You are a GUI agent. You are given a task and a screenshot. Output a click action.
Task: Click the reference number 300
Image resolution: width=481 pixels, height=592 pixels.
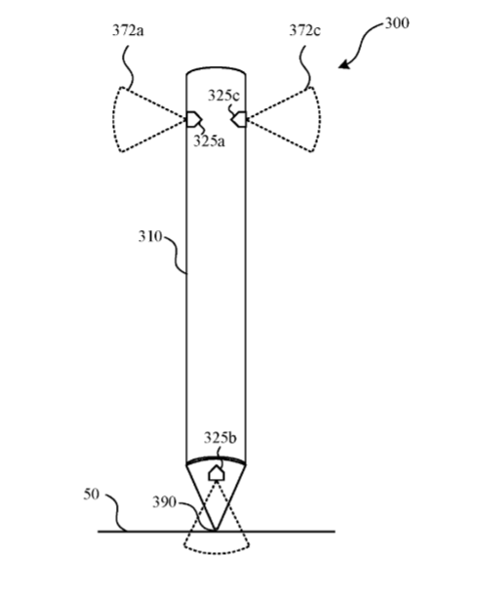(397, 23)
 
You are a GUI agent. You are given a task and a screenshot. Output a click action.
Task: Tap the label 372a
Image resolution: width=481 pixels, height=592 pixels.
(128, 30)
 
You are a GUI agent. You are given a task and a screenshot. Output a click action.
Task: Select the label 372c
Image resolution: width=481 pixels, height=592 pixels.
(304, 30)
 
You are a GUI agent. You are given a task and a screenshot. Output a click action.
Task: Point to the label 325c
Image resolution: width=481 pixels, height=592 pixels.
(223, 96)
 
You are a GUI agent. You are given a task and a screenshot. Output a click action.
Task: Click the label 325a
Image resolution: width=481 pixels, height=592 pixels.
(209, 141)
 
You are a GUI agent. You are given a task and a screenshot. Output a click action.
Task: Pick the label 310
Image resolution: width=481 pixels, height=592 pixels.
(150, 236)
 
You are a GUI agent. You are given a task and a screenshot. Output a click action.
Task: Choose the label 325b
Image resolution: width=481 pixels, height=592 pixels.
(220, 438)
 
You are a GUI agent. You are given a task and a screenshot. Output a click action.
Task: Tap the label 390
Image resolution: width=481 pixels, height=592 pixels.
(164, 502)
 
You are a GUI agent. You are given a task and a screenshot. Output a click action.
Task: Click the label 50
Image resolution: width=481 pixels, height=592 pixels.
(92, 494)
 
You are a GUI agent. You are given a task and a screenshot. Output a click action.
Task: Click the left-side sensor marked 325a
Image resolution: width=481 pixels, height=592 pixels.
(192, 119)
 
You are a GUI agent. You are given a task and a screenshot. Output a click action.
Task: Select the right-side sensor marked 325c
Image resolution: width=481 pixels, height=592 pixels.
(239, 119)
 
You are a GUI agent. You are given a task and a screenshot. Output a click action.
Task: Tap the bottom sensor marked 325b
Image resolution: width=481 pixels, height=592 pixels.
(216, 473)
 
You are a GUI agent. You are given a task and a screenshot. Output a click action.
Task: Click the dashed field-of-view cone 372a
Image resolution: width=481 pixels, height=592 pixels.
(115, 119)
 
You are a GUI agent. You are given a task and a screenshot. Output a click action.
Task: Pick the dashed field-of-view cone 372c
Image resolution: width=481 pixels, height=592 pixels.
(318, 119)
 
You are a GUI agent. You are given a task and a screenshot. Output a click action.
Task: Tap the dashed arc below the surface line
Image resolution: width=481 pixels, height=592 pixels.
(217, 552)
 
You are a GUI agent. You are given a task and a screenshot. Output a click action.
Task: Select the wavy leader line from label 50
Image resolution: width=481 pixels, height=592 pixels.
(115, 512)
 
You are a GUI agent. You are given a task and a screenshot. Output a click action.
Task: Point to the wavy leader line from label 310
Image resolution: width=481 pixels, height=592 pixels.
(175, 254)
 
